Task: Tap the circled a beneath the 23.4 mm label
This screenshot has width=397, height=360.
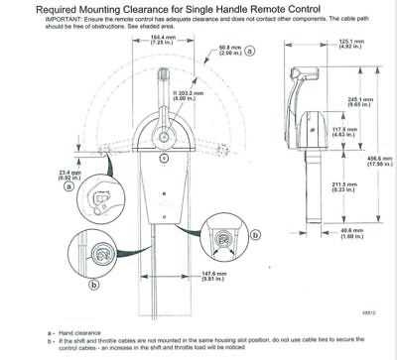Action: pos(67,185)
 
